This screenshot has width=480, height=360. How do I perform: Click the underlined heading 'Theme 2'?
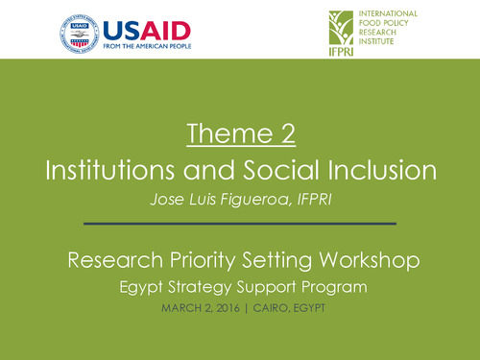(239, 135)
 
